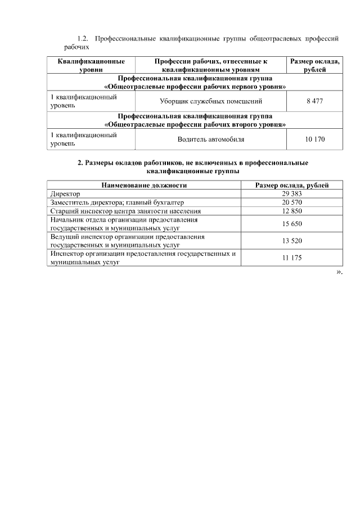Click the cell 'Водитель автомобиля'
pos(211,139)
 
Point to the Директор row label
pos(65,193)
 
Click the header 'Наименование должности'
pos(144,185)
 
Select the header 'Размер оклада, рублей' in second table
pos(292,185)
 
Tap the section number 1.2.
pos(83,39)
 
